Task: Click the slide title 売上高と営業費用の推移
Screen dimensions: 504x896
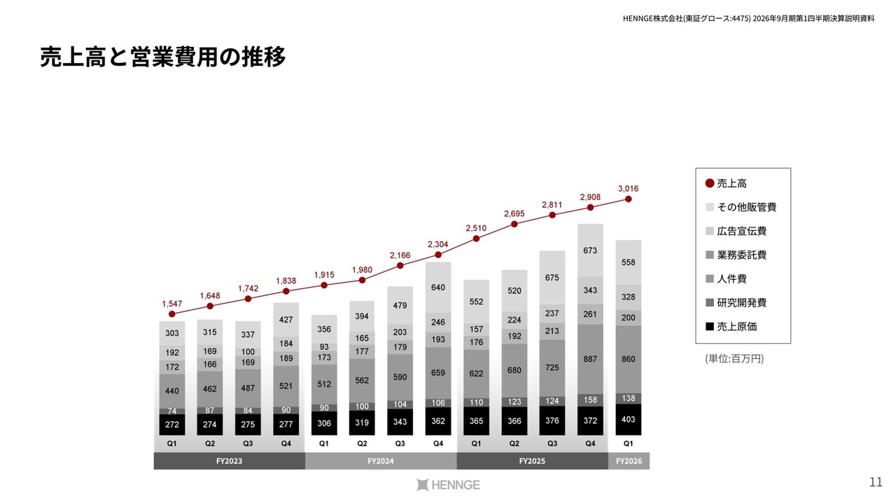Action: pyautogui.click(x=162, y=57)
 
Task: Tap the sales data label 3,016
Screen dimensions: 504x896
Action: pyautogui.click(x=628, y=188)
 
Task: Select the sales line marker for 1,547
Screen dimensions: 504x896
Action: pyautogui.click(x=172, y=314)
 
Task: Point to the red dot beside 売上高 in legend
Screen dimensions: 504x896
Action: pyautogui.click(x=710, y=183)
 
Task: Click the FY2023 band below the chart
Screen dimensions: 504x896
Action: pyautogui.click(x=229, y=461)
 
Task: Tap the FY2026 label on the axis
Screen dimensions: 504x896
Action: pyautogui.click(x=628, y=461)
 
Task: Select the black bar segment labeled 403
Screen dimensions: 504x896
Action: pyautogui.click(x=628, y=420)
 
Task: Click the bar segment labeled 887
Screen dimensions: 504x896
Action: pyautogui.click(x=590, y=359)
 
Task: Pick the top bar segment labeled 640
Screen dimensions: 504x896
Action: pyautogui.click(x=438, y=287)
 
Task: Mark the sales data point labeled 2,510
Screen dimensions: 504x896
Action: pyautogui.click(x=476, y=239)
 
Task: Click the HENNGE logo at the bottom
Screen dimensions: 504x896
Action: pyautogui.click(x=448, y=484)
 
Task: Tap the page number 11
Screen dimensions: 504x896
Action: pyautogui.click(x=875, y=482)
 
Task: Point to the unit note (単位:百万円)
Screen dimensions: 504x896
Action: pyautogui.click(x=734, y=358)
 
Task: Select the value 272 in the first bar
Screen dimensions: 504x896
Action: pyautogui.click(x=172, y=425)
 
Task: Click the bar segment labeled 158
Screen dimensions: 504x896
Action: pyautogui.click(x=590, y=400)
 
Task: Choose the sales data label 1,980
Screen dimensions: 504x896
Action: pyautogui.click(x=362, y=269)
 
